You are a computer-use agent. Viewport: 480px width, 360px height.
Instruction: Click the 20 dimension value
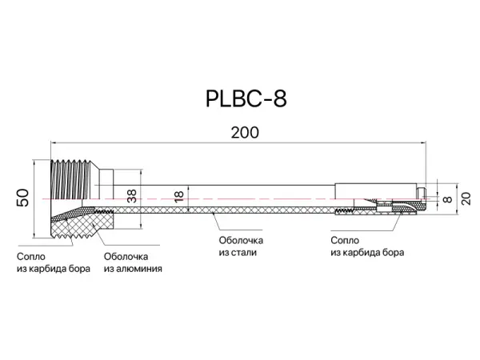(x=464, y=194)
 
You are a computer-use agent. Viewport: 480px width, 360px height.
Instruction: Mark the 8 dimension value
(x=447, y=196)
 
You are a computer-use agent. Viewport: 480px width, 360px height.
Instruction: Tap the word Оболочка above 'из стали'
(x=241, y=240)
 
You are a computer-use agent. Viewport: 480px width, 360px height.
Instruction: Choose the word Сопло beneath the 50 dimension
(x=30, y=256)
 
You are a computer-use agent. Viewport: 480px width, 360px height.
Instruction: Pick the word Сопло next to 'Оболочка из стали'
(x=345, y=240)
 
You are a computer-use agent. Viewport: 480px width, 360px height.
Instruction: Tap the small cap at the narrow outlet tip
(x=421, y=193)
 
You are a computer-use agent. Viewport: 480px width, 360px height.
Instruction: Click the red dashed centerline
(x=240, y=199)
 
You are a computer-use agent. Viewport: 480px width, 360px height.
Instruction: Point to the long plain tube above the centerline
(x=240, y=192)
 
